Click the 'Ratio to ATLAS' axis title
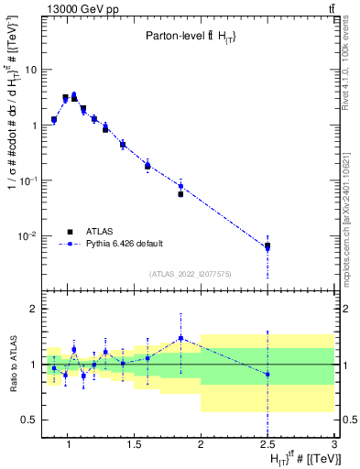(12, 364)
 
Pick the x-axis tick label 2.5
(267, 445)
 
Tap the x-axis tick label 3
(334, 445)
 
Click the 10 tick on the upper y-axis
(31, 70)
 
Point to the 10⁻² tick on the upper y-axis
(29, 236)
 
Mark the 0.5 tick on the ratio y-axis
(28, 420)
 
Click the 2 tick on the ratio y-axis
(32, 309)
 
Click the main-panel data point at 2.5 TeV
(267, 245)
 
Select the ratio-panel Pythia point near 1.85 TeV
(180, 338)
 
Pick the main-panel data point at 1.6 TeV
(147, 166)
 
